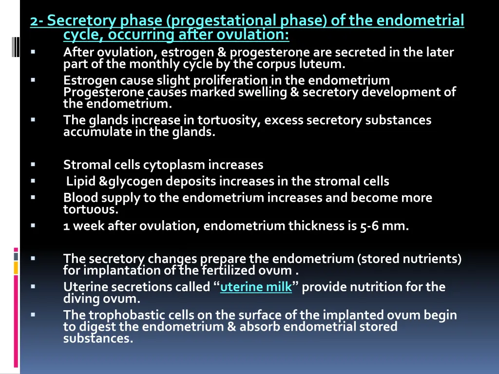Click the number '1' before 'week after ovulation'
pyautogui.click(x=66, y=226)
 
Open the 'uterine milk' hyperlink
pyautogui.click(x=256, y=287)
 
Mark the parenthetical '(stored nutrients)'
pyautogui.click(x=409, y=259)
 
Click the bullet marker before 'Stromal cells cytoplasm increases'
pyautogui.click(x=33, y=165)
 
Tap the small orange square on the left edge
pyautogui.click(x=16, y=267)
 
